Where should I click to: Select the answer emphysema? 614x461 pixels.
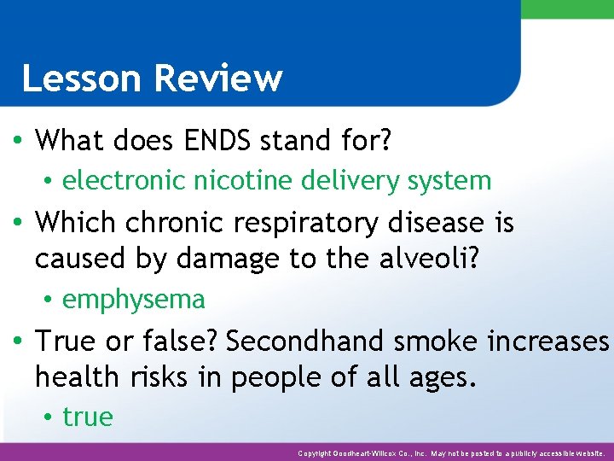tap(134, 299)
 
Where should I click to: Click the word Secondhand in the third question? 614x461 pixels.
tap(303, 341)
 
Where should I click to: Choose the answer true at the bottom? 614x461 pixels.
tap(88, 417)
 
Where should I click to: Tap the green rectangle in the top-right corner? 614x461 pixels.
tap(567, 9)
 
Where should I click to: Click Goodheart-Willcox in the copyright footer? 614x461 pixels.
tap(374, 452)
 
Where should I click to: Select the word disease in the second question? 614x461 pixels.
tap(438, 223)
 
